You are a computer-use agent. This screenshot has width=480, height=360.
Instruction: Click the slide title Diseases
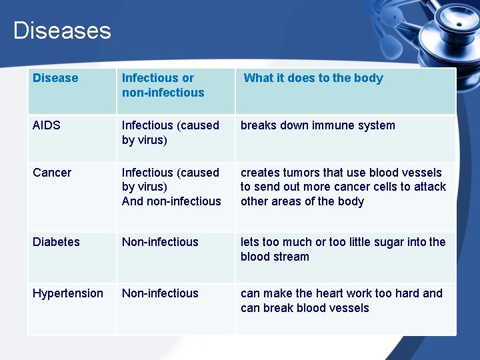(62, 31)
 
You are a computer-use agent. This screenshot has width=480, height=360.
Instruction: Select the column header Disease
(55, 78)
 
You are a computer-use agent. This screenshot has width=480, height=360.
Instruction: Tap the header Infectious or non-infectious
(163, 85)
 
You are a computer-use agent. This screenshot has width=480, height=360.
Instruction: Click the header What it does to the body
(313, 78)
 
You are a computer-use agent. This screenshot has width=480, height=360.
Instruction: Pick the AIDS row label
(47, 125)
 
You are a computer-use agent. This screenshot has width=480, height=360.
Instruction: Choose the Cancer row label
(51, 173)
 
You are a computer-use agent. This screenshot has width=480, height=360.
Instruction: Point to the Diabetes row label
(56, 242)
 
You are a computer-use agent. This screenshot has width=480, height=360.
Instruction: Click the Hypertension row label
(68, 293)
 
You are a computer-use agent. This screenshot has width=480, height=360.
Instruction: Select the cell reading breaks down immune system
(317, 125)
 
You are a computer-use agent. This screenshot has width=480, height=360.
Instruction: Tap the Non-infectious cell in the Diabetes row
(160, 242)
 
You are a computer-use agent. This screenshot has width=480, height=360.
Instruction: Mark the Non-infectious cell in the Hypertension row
(160, 293)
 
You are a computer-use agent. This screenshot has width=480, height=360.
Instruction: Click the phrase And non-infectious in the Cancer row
(171, 201)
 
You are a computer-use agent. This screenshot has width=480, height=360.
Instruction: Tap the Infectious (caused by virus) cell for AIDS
(170, 133)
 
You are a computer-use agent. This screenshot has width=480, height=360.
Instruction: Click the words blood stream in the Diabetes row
(275, 257)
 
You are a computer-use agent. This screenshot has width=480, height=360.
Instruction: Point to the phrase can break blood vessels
(305, 308)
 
